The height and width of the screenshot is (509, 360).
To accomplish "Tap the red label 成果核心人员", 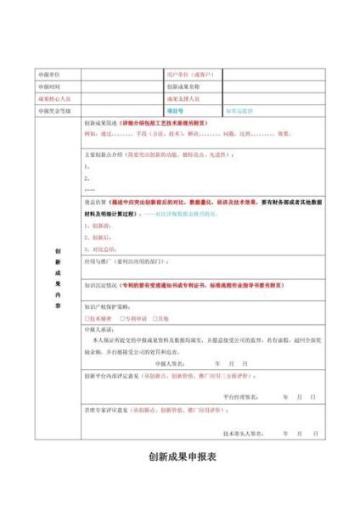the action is [52, 98].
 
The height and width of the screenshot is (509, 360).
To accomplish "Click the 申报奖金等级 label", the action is [52, 110].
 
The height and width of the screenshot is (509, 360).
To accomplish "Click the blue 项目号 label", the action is [175, 110].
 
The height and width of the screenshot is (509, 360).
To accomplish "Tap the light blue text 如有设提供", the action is [239, 110].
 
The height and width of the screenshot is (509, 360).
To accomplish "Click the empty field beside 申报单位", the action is [119, 75].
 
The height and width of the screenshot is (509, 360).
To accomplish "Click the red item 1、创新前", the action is [97, 226].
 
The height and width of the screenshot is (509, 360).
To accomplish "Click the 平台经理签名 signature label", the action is [241, 396].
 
